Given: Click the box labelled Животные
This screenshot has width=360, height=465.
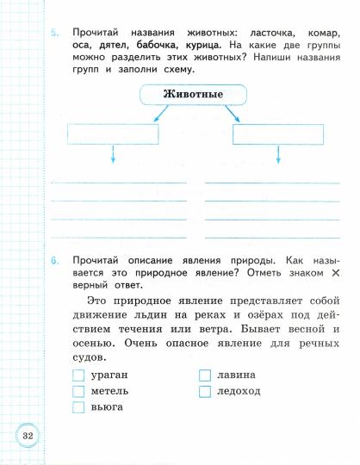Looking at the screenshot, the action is coord(193,94).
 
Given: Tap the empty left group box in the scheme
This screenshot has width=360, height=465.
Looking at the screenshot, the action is coord(113,133).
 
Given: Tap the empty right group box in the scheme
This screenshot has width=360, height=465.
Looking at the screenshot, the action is coord(276,133).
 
